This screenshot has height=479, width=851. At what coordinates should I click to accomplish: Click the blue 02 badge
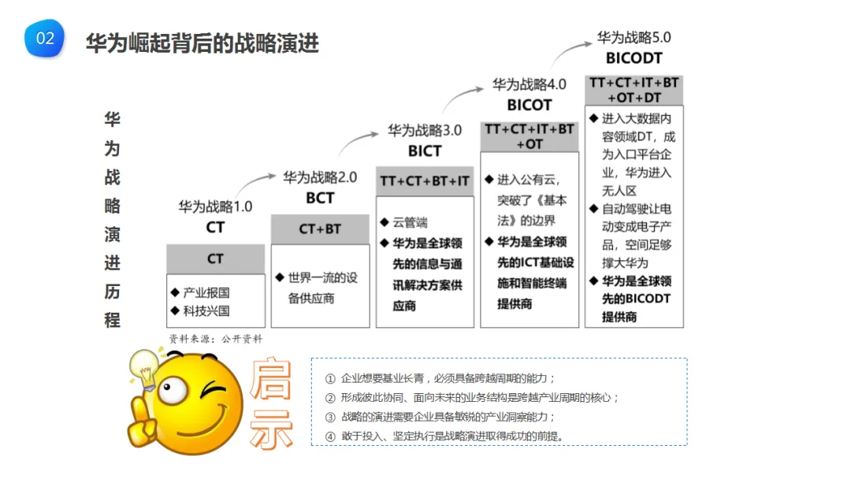coord(45,39)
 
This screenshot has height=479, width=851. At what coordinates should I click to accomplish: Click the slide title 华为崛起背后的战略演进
coord(202,43)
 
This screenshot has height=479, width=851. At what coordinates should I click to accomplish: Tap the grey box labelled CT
coord(215,258)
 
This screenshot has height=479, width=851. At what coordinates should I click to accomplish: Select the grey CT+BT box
coord(320,229)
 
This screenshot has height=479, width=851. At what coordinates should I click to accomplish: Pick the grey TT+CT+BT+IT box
coord(425,181)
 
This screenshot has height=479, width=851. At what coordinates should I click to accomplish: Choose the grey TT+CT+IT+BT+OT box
coord(529,136)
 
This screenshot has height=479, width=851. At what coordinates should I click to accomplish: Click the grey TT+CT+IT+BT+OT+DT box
coord(634,90)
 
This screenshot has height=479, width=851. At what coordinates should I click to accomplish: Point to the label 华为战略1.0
coord(215,207)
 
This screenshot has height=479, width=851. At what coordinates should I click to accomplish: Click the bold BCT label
coord(320,198)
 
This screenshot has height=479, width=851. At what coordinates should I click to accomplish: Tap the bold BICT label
coord(425,150)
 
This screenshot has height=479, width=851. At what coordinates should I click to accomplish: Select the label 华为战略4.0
coord(529,84)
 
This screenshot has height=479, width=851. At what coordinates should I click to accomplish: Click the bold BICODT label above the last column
coord(634,58)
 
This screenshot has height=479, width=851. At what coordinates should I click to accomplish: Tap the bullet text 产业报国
coord(206,292)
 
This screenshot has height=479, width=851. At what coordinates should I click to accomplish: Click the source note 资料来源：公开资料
coord(215,338)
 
